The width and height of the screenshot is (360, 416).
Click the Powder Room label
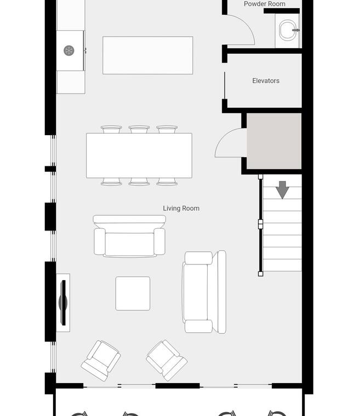264,4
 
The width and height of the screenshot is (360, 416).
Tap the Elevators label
266,80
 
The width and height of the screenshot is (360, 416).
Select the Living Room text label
181,209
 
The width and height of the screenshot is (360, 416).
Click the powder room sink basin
287,30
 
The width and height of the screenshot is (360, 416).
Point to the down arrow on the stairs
282,190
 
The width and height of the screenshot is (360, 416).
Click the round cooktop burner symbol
69,50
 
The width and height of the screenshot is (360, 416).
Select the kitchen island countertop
148,55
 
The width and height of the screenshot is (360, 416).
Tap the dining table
139,155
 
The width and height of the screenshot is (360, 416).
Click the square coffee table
133,293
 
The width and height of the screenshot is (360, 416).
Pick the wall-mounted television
63,303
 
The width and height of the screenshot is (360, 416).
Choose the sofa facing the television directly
204,292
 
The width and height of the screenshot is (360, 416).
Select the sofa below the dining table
129,236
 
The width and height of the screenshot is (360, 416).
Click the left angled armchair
101,360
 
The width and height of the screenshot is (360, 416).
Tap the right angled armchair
167,360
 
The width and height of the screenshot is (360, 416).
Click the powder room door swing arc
247,25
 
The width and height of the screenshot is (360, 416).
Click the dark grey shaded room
274,141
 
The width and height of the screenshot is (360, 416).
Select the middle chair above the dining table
139,129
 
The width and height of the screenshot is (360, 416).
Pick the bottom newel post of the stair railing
261,274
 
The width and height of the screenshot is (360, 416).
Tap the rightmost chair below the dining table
167,182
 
